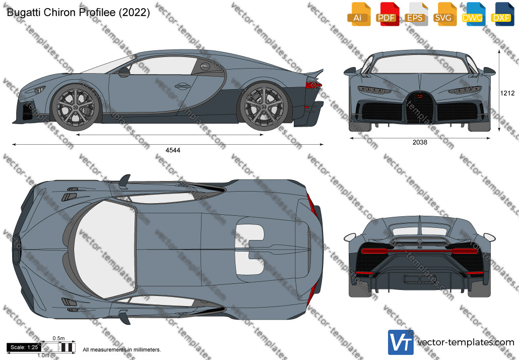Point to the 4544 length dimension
pyautogui.click(x=173, y=150)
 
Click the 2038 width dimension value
pyautogui.click(x=420, y=142)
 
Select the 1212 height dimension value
pyautogui.click(x=507, y=93)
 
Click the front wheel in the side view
pyautogui.click(x=76, y=107)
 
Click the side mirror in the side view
pyautogui.click(x=124, y=72)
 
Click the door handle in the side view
pyautogui.click(x=181, y=86)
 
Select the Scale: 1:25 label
pyautogui.click(x=24, y=347)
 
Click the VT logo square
pyautogui.click(x=401, y=342)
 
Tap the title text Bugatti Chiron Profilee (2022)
pyautogui.click(x=78, y=12)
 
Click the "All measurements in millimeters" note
pyautogui.click(x=122, y=350)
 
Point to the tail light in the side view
pyautogui.click(x=313, y=85)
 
